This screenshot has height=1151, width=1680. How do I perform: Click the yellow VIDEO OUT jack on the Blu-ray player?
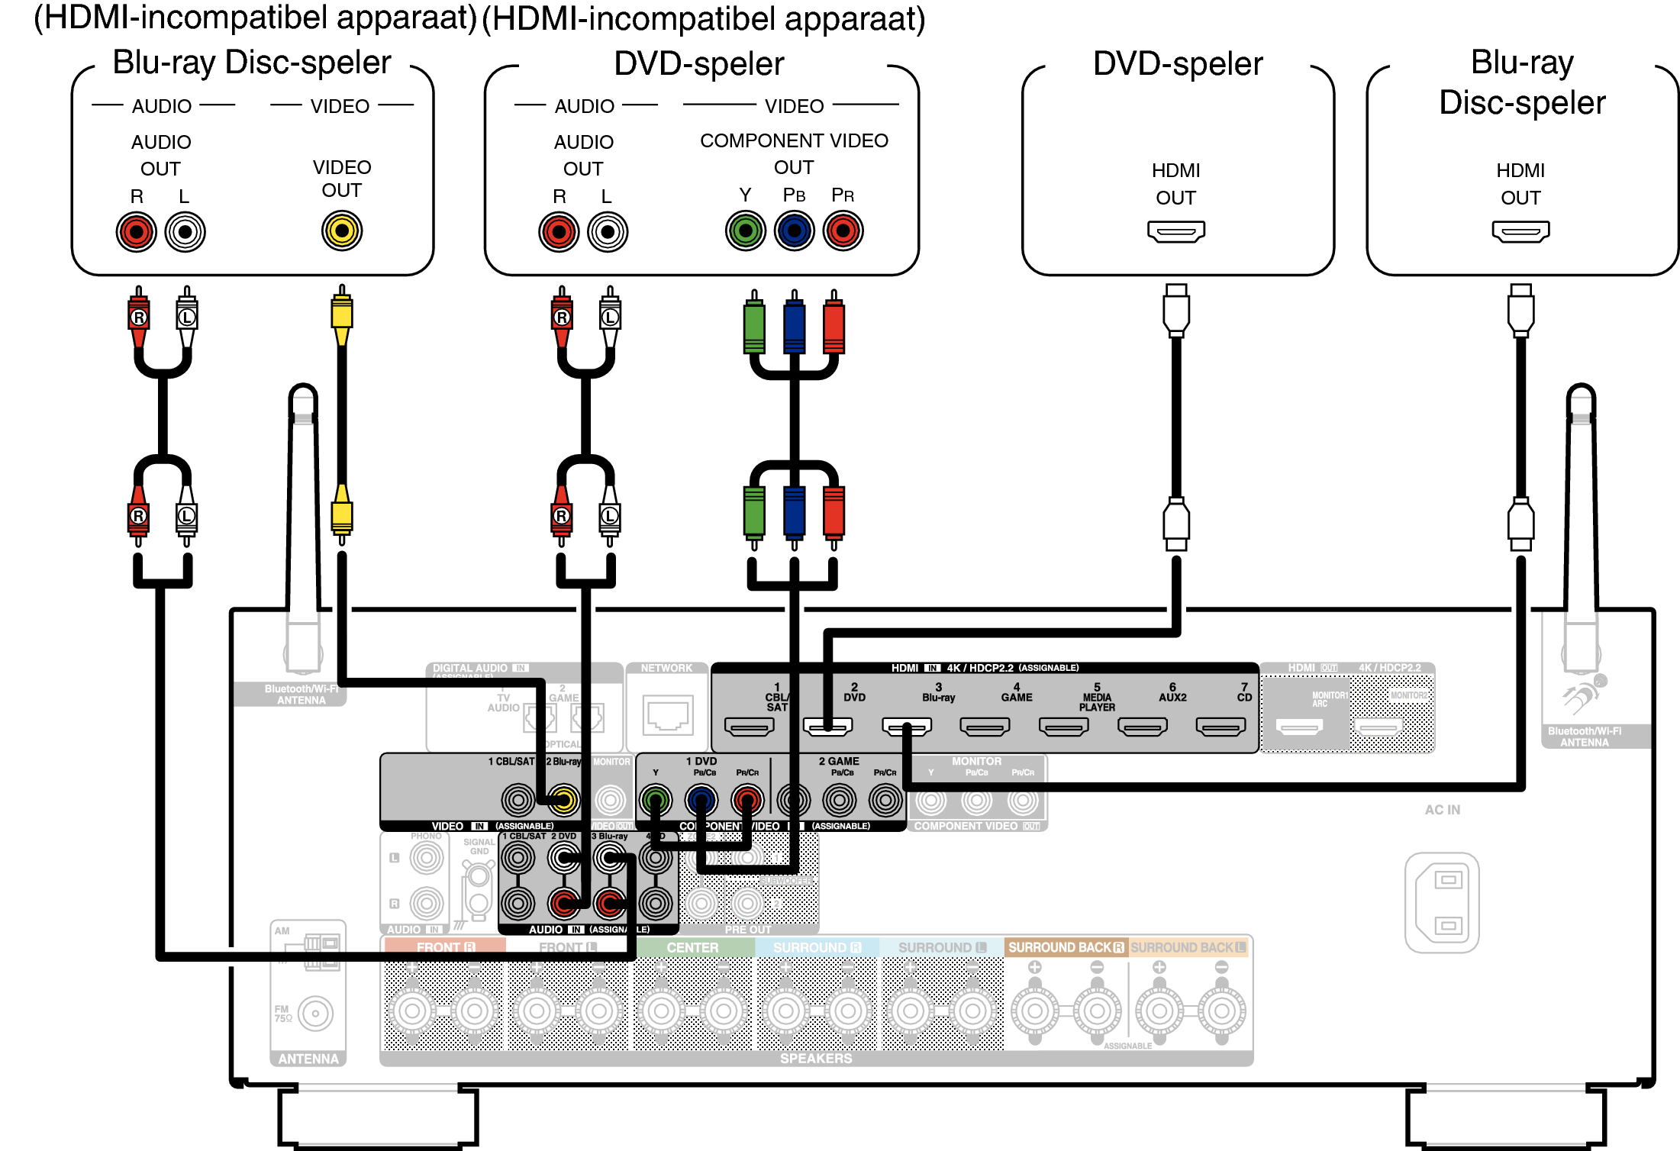coord(341,231)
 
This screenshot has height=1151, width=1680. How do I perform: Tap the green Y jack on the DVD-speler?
coord(745,231)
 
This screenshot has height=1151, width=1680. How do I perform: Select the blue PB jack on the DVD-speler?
coord(794,231)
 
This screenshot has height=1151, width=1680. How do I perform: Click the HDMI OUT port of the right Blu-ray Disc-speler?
coord(1520,231)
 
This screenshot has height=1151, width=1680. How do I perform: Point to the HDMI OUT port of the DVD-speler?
coord(1175,231)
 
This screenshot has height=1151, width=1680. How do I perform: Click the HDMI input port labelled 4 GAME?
coord(985,727)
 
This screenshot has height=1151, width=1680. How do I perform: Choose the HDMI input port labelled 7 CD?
coord(1220,727)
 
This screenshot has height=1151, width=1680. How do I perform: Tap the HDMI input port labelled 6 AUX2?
coord(1142,727)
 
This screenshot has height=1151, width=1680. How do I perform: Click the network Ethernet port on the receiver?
coord(668,715)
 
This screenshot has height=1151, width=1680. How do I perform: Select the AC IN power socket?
coord(1442,902)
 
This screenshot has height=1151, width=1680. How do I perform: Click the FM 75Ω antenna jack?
coord(315,1014)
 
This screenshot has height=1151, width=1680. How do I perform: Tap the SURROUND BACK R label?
coord(1066,947)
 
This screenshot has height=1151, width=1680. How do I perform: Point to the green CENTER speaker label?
coord(692,947)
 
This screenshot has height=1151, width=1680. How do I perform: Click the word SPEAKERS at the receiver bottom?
coord(815,1059)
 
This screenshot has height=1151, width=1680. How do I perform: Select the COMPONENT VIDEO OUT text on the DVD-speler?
coord(794,153)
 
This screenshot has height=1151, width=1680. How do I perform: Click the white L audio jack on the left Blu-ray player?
coord(185,232)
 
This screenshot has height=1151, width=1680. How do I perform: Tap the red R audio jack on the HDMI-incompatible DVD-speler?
coord(559,232)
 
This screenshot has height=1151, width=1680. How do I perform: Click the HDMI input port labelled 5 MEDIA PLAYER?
coord(1063,727)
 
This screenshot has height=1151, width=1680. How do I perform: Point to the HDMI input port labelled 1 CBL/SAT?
coord(749,727)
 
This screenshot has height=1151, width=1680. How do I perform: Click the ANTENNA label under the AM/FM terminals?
coord(308,1059)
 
